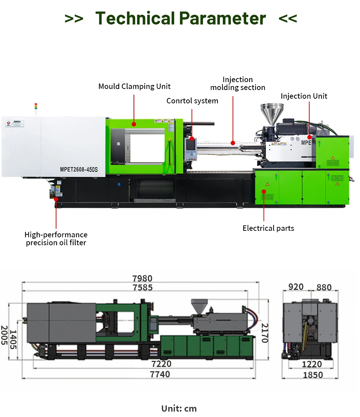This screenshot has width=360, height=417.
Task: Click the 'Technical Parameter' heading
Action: click(181, 18)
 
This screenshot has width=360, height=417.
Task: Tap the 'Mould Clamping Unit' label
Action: click(134, 86)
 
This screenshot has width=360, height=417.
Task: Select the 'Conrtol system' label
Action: click(192, 101)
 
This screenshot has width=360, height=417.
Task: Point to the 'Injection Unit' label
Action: click(304, 96)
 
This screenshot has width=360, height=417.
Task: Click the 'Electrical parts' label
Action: click(268, 228)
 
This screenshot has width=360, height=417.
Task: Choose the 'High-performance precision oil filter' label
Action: click(56, 239)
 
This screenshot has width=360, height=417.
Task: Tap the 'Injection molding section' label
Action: click(238, 84)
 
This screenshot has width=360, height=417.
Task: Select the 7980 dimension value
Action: click(143, 278)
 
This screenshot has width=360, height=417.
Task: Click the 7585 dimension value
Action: click(143, 287)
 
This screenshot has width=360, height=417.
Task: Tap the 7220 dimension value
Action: click(161, 364)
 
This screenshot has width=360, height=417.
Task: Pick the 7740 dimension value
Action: click(160, 375)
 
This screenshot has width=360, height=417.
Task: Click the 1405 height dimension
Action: click(13, 339)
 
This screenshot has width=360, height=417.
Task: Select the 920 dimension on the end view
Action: click(296, 287)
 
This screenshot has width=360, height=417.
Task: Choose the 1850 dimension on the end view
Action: click(313, 375)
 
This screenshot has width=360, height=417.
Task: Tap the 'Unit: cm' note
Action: click(179, 408)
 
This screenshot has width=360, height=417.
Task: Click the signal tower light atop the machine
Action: click(35, 106)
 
